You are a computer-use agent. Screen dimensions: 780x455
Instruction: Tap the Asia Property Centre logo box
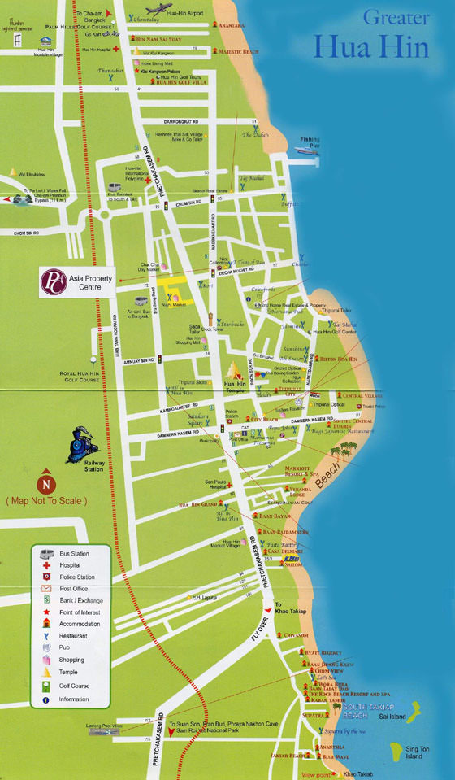78,281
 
